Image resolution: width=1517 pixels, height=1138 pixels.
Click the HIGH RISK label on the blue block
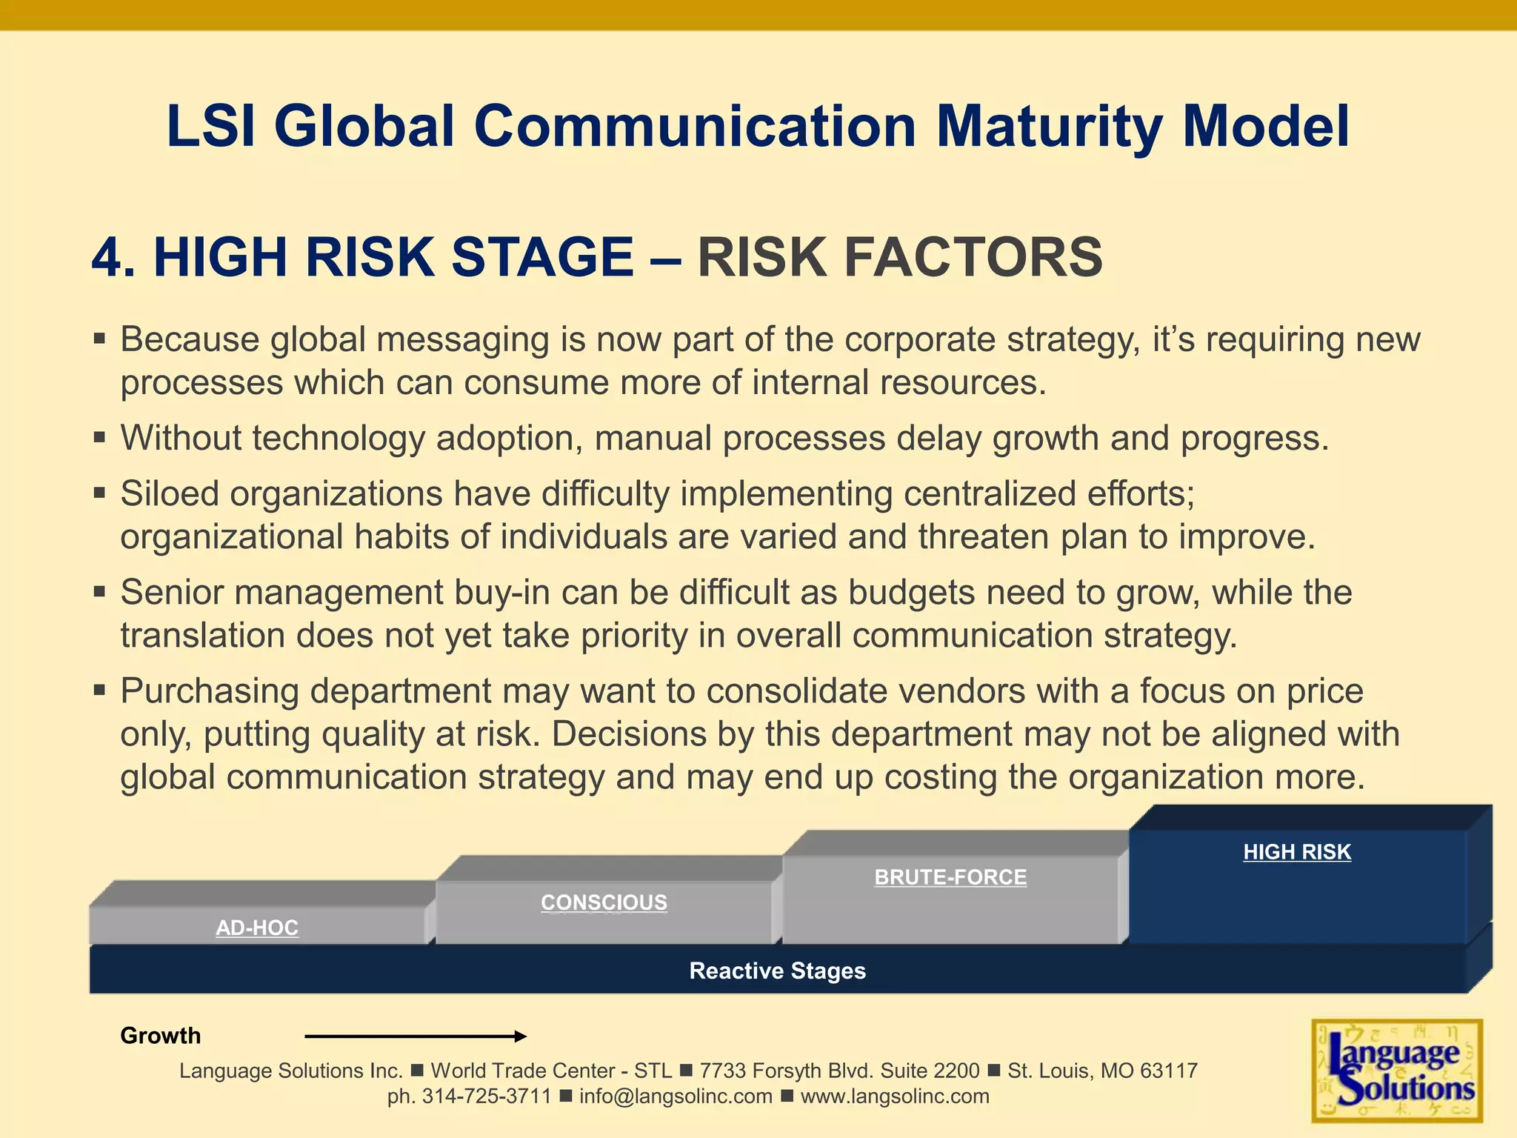(1297, 852)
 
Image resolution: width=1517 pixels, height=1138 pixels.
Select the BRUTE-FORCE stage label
(950, 877)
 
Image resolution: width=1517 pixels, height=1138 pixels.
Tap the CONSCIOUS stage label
(604, 902)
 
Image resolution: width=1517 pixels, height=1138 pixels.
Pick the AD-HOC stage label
(257, 928)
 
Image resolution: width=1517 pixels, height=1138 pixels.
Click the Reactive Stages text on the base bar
(777, 971)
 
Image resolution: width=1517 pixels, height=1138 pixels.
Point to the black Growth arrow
(415, 1036)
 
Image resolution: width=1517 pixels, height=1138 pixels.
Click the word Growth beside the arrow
(160, 1036)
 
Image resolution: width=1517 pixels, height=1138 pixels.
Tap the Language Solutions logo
(1397, 1071)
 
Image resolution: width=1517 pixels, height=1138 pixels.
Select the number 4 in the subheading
(107, 257)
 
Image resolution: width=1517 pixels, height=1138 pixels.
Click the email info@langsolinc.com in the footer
(676, 1097)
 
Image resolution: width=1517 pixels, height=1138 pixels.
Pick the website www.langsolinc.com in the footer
(895, 1097)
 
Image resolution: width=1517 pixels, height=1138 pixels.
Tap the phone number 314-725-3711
(487, 1097)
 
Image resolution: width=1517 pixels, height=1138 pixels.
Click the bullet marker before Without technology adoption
(100, 438)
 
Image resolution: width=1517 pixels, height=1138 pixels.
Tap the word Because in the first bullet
(190, 339)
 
